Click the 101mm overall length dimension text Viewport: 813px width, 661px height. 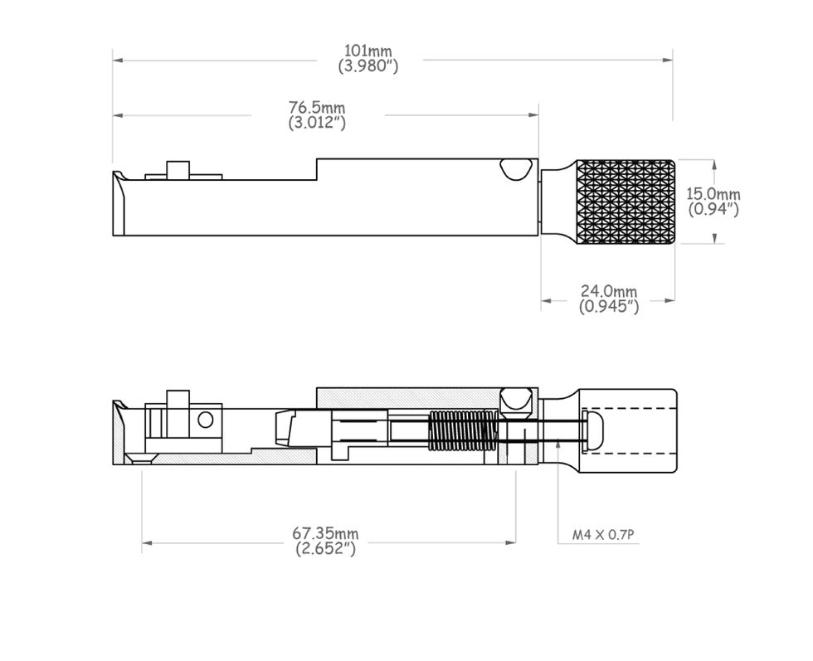click(368, 51)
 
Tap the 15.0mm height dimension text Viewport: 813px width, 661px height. click(713, 194)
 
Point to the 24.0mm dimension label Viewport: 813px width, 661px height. click(609, 291)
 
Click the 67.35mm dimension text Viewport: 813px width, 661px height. click(325, 533)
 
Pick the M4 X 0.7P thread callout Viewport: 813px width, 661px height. click(603, 534)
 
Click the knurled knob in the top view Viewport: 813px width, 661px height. click(626, 202)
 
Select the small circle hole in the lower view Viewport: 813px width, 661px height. click(206, 420)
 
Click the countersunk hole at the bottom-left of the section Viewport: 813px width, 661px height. click(141, 459)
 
